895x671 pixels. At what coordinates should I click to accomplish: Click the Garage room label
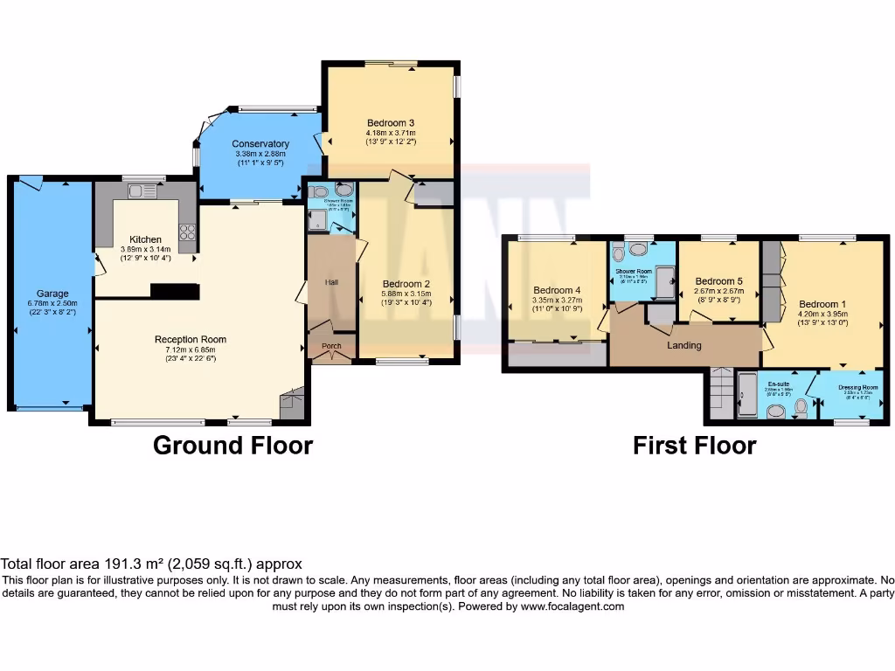(x=52, y=294)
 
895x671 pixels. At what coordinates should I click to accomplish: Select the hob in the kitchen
(x=187, y=231)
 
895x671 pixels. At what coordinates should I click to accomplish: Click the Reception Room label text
(x=191, y=339)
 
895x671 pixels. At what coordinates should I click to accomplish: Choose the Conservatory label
(x=260, y=144)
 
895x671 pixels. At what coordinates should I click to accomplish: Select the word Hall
(x=331, y=282)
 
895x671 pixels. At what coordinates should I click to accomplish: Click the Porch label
(x=332, y=346)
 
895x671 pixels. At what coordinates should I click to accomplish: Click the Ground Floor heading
(x=232, y=446)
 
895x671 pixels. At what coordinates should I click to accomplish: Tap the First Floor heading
(x=694, y=446)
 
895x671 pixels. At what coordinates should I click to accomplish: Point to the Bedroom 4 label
(x=557, y=290)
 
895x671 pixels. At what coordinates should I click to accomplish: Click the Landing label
(x=684, y=345)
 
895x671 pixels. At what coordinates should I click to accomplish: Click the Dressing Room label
(x=857, y=386)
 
